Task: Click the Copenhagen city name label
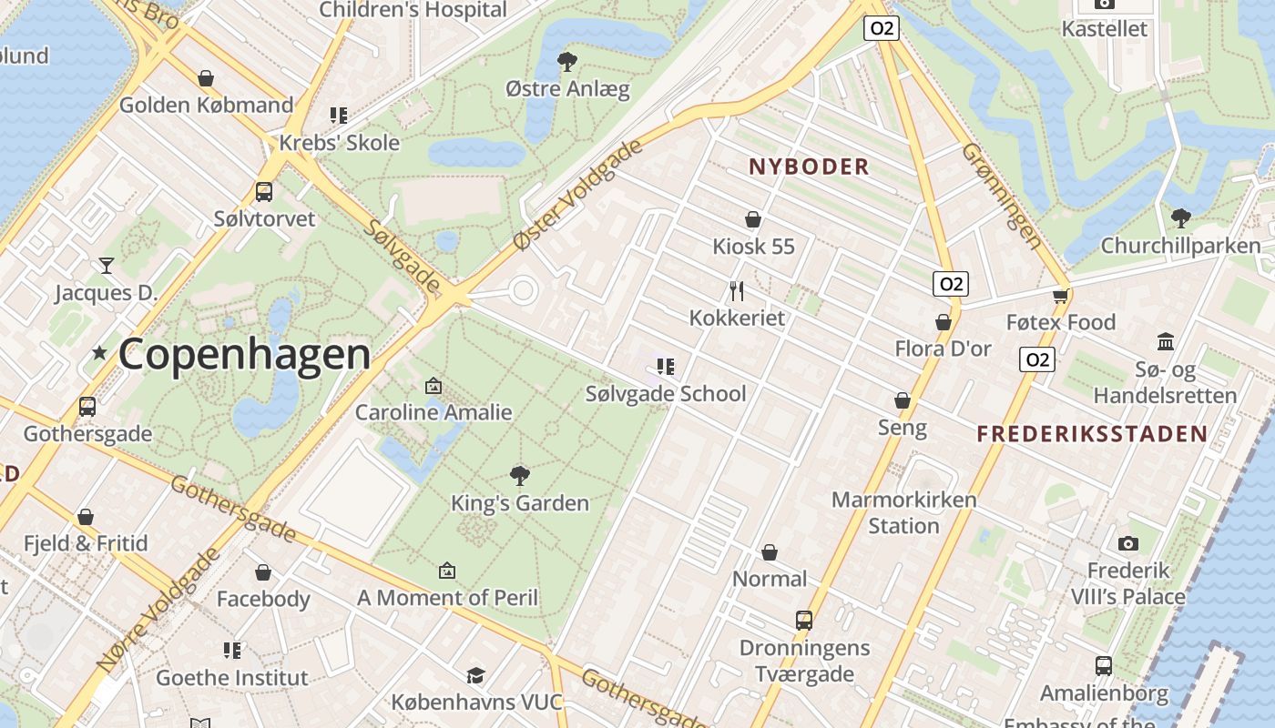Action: (244, 354)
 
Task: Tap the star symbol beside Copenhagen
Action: (99, 352)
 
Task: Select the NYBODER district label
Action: (809, 167)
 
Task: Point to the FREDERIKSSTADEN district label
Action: (1092, 434)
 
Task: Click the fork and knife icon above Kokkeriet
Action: (737, 291)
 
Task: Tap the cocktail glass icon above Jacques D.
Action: (107, 265)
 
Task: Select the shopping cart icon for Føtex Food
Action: (1060, 296)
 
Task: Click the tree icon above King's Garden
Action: (520, 475)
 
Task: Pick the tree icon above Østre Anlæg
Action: (567, 62)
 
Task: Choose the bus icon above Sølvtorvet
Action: (264, 192)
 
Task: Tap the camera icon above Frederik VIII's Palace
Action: (1128, 543)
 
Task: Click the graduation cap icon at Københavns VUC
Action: (475, 675)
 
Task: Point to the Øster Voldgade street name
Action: (578, 195)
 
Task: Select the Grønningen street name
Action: (1002, 195)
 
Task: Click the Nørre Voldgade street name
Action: (157, 610)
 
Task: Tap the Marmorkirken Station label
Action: (903, 512)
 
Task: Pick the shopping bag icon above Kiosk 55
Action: (753, 219)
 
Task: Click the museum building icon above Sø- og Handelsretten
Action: (1165, 342)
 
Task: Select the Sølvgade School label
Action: (665, 394)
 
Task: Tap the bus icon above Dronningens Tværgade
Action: (804, 621)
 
